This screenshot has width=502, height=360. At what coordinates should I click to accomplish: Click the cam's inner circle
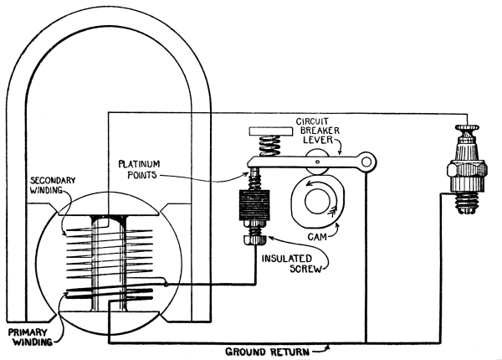click(x=315, y=201)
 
